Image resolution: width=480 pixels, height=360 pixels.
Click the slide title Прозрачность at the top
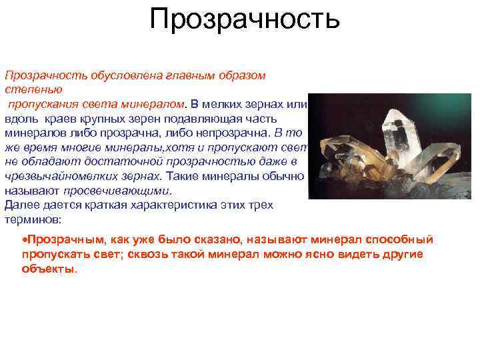(245, 19)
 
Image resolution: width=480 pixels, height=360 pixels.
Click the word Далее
(19, 205)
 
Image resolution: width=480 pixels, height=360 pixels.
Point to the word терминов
(31, 219)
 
